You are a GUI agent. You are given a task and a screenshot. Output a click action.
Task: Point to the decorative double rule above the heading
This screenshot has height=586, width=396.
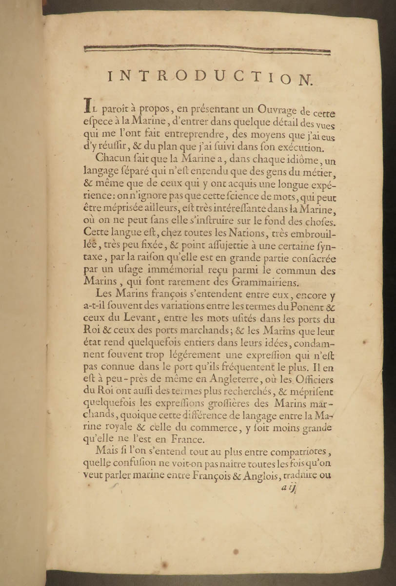(207, 49)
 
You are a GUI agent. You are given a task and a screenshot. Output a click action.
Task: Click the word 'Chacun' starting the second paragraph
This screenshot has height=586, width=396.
(112, 158)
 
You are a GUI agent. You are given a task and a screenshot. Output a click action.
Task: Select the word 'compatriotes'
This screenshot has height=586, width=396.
(292, 452)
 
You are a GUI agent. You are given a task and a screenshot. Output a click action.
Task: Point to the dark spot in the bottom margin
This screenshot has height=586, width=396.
(236, 552)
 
